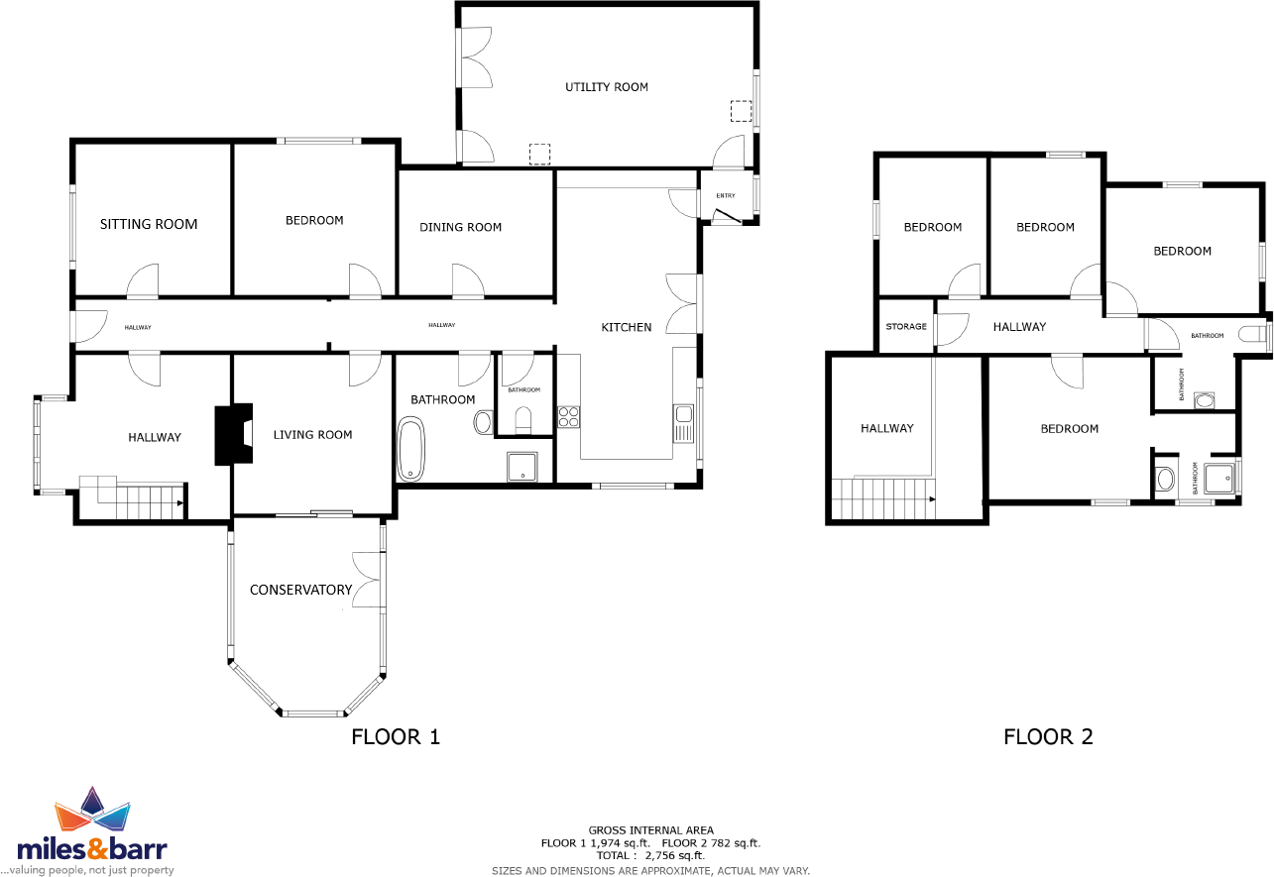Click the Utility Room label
pyautogui.click(x=607, y=87)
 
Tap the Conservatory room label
pyautogui.click(x=300, y=590)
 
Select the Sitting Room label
pyautogui.click(x=149, y=224)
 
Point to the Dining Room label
pyautogui.click(x=460, y=227)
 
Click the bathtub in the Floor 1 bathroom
pyautogui.click(x=410, y=450)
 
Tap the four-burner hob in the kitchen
pyautogui.click(x=569, y=416)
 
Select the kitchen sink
pyautogui.click(x=682, y=422)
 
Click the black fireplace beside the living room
pyautogui.click(x=233, y=434)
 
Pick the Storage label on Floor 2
pyautogui.click(x=906, y=327)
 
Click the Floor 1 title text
pyautogui.click(x=396, y=737)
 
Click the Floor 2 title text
pyautogui.click(x=1048, y=737)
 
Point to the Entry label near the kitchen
pyautogui.click(x=726, y=195)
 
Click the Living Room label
pyautogui.click(x=312, y=434)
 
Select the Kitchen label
pyautogui.click(x=627, y=327)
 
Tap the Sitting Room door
pyautogui.click(x=142, y=282)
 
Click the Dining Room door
pyautogui.click(x=467, y=282)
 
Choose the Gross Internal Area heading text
pyautogui.click(x=650, y=830)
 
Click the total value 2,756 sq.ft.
pyautogui.click(x=674, y=855)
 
